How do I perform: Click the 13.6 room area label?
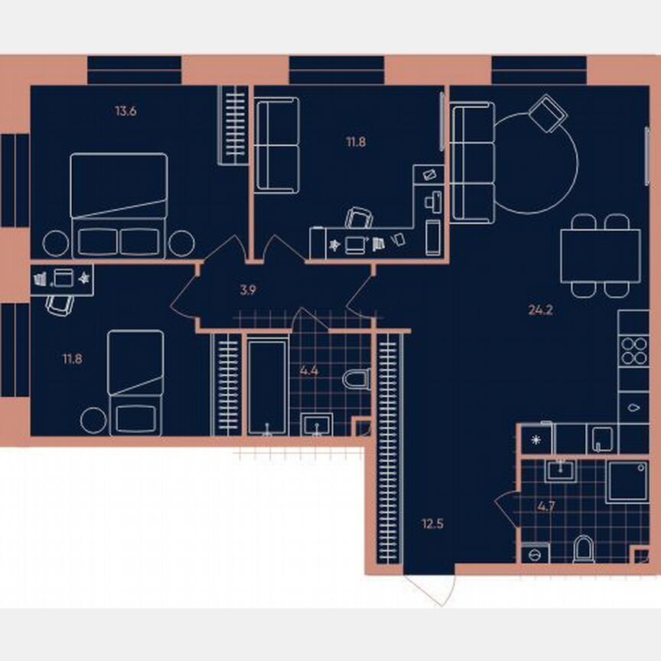point(125,111)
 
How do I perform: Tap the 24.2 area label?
point(540,310)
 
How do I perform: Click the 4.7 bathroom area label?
point(546,506)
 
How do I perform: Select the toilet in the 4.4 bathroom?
point(357,379)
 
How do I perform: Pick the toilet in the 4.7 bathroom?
point(583,549)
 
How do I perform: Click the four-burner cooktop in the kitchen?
point(633,350)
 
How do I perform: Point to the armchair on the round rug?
point(548,113)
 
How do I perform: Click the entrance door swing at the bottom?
point(432,588)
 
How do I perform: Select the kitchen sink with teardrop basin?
point(633,406)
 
